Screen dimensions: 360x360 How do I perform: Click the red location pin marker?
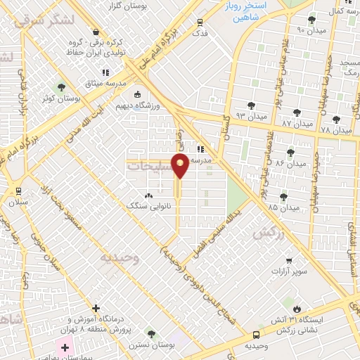click(181, 166)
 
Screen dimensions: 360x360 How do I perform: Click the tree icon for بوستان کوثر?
click(61, 88)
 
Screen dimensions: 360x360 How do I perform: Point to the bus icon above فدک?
click(200, 22)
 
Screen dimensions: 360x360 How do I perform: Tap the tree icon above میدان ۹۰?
click(311, 20)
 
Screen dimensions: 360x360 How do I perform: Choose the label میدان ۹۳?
click(251, 115)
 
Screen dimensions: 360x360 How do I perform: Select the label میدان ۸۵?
click(283, 207)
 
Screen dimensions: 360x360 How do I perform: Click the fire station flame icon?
click(297, 309)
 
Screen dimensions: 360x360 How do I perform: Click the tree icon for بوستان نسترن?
click(151, 333)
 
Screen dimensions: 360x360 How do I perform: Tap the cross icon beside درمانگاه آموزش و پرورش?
click(96, 308)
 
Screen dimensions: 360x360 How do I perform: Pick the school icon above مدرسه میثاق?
click(105, 72)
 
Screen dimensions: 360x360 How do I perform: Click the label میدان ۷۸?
click(335, 130)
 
